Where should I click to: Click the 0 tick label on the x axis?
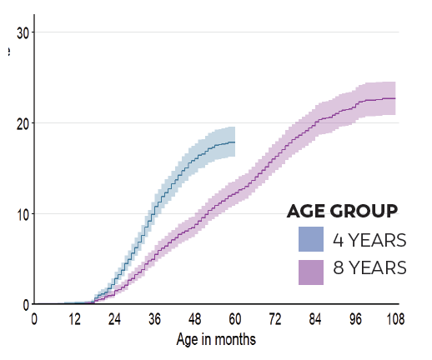tap(34, 318)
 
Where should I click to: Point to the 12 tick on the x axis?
tap(74, 318)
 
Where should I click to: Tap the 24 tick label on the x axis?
tap(114, 318)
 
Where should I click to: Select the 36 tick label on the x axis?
tap(154, 318)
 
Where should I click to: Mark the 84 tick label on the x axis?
tap(315, 318)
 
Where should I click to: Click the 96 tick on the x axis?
tap(355, 318)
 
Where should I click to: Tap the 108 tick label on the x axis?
tap(394, 318)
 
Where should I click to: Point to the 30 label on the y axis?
tap(23, 32)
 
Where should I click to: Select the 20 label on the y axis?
tap(23, 123)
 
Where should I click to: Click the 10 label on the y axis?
tap(23, 214)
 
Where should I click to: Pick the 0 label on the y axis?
tap(26, 304)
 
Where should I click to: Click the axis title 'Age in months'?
tap(216, 339)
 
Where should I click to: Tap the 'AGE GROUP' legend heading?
tap(342, 211)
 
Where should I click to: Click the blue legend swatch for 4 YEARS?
tap(311, 240)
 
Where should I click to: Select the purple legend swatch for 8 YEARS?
tap(311, 271)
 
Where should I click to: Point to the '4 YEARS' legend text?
tap(369, 240)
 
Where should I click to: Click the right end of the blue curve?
tap(234, 142)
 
